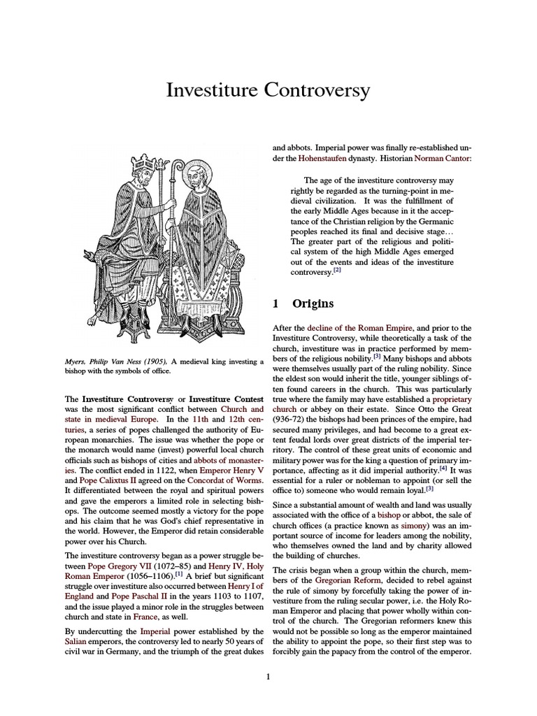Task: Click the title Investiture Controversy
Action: point(268,90)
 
